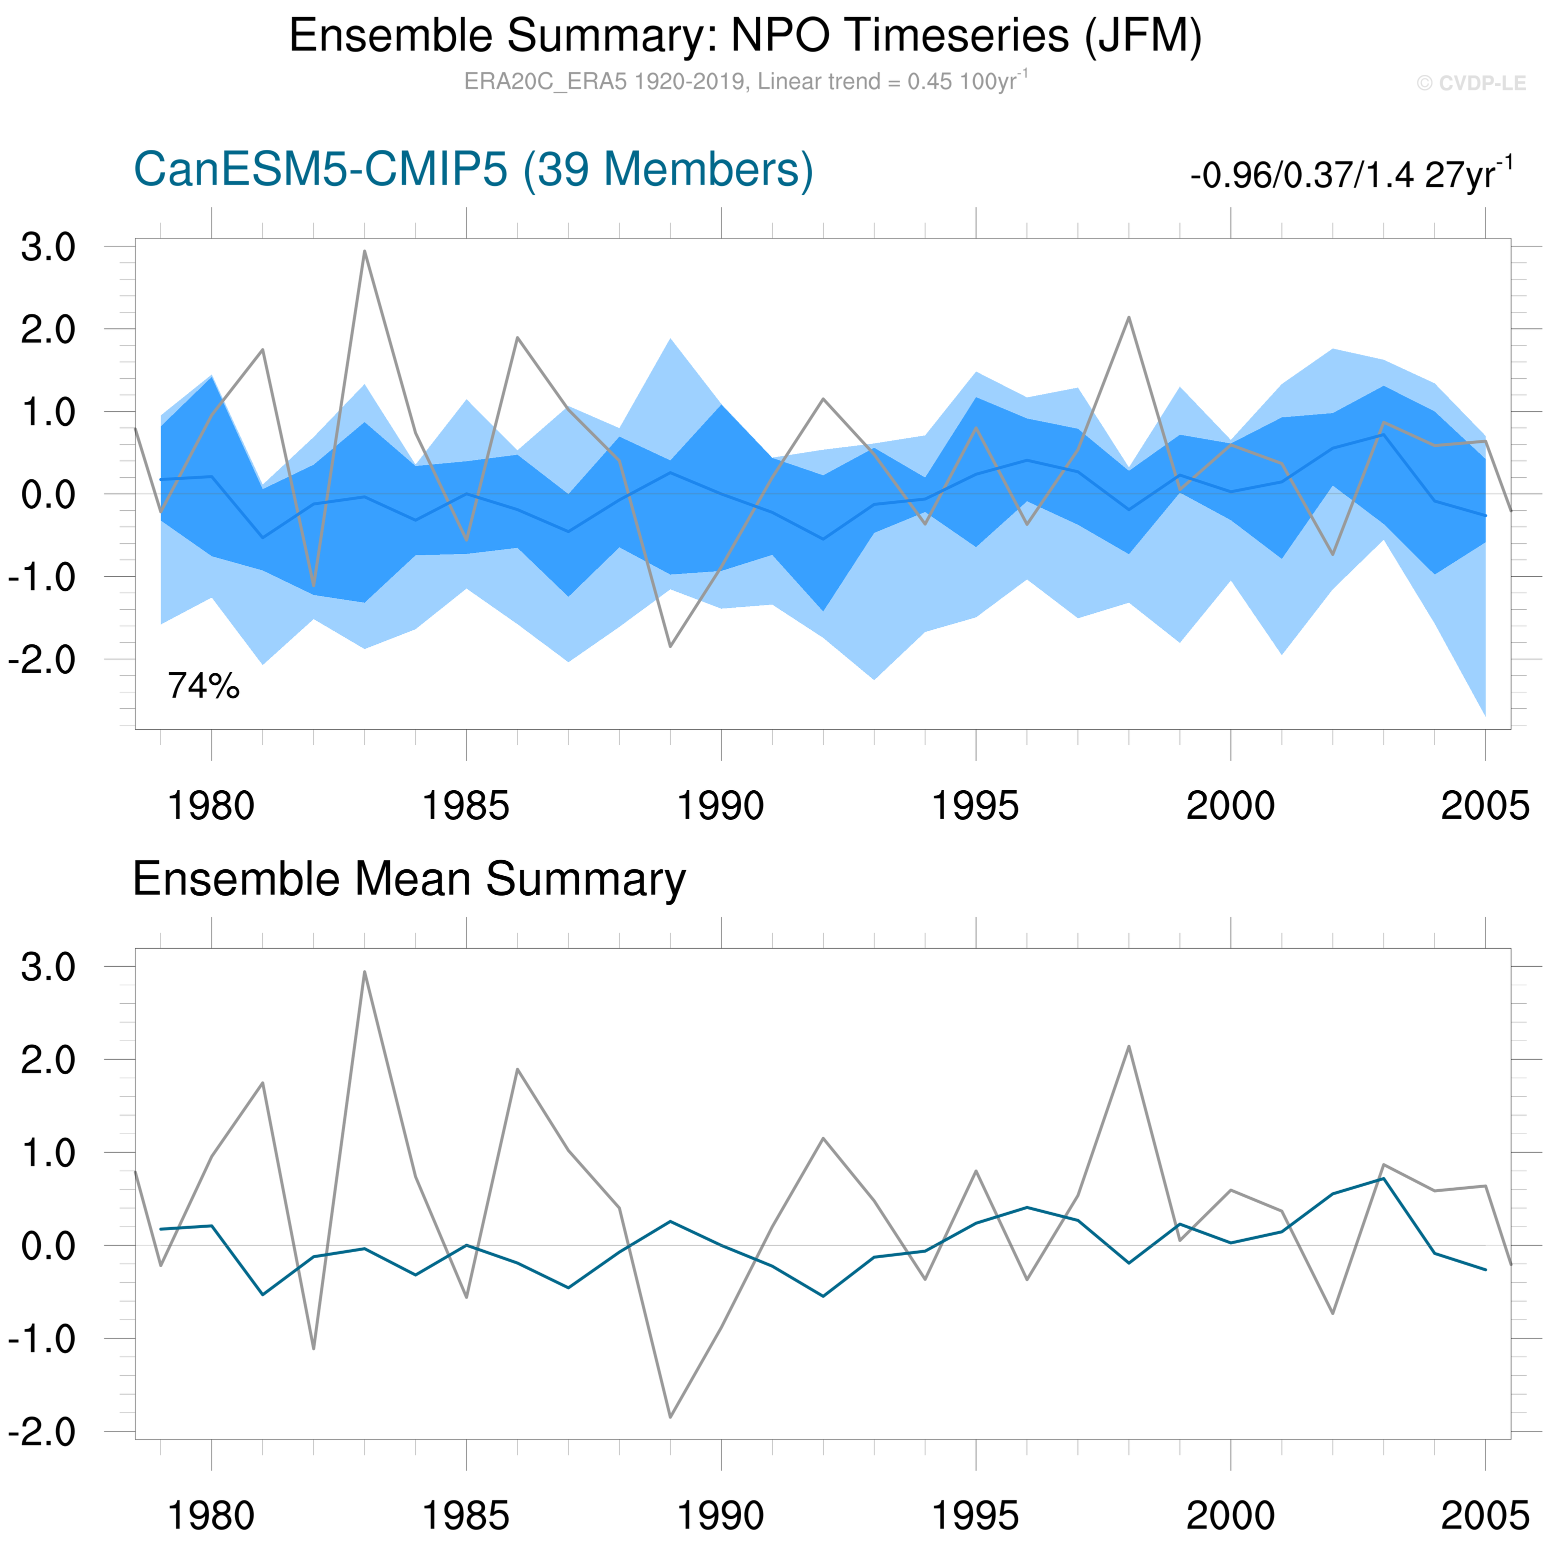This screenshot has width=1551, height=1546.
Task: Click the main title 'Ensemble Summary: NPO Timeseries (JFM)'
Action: (x=745, y=36)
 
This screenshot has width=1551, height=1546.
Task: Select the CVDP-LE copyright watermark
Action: (x=1470, y=83)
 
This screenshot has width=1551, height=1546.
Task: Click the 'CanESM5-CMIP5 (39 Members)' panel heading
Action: (x=473, y=169)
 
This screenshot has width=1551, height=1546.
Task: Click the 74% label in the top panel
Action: (x=203, y=686)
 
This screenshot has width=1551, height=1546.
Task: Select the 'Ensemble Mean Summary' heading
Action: (x=408, y=879)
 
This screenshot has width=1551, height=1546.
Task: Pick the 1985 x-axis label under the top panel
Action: (x=465, y=805)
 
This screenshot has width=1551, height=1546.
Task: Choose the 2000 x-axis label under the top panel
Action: (x=1230, y=805)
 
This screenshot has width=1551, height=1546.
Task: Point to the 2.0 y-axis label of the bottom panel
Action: (x=48, y=1060)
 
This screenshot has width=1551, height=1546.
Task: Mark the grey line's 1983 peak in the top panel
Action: (x=364, y=251)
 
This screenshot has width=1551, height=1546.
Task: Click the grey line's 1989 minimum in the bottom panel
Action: (x=670, y=1417)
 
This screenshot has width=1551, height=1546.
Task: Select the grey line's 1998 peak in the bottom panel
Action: (x=1128, y=1047)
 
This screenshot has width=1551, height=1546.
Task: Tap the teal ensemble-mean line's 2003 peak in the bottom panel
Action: (x=1383, y=1178)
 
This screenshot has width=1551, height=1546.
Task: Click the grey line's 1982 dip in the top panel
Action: (x=314, y=585)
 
